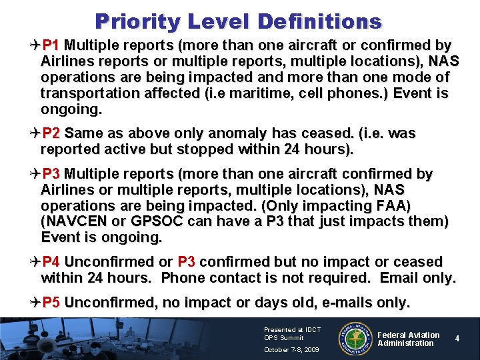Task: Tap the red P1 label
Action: click(x=51, y=46)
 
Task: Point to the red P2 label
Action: click(x=51, y=134)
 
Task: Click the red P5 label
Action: click(x=51, y=303)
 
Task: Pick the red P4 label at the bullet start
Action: click(x=51, y=262)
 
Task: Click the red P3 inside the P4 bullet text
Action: click(x=187, y=262)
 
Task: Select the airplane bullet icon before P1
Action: click(x=35, y=46)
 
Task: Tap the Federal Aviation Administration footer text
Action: click(x=409, y=339)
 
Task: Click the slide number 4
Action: click(x=457, y=339)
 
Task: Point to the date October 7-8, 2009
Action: click(x=292, y=350)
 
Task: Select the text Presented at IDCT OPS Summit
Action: click(x=292, y=333)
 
